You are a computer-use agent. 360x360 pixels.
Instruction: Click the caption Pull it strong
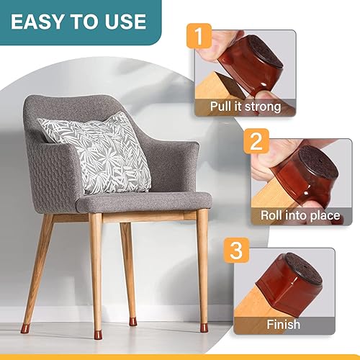(x=245, y=107)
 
